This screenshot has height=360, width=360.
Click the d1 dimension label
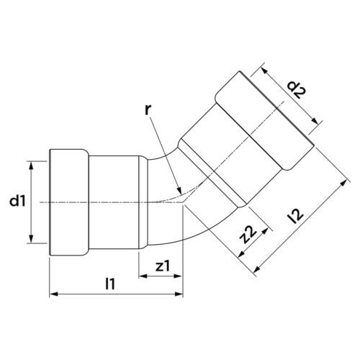17,201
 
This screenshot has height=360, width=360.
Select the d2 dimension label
297,90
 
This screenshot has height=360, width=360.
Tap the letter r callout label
148,109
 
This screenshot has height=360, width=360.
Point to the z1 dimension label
163,266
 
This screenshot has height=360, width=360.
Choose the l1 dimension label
110,284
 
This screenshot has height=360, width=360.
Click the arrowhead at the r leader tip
179,190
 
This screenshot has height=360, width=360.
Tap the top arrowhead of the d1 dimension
31,166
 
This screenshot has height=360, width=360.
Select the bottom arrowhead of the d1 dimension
31,238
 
